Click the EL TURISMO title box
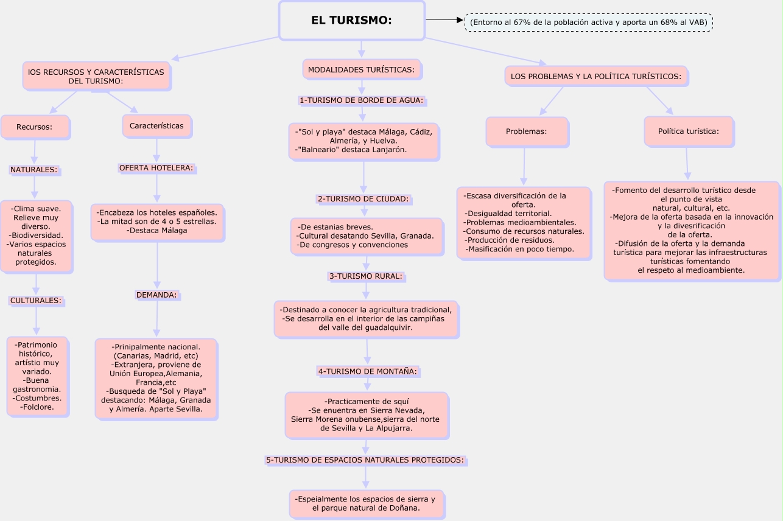(351, 21)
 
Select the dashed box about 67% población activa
(588, 23)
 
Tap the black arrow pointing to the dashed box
(444, 20)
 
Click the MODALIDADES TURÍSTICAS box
(362, 70)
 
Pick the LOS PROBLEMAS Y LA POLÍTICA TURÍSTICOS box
(595, 77)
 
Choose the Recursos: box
(34, 127)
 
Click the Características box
(156, 126)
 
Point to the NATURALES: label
(33, 170)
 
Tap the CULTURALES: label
(35, 300)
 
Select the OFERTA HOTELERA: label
(156, 167)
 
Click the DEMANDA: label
(156, 295)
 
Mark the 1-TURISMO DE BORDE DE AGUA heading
(361, 100)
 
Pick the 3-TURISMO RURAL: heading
(366, 276)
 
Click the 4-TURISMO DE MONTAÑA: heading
(367, 371)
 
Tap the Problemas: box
(526, 131)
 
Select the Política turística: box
(688, 131)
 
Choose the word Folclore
(37, 407)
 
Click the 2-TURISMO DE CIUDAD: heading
(363, 198)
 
